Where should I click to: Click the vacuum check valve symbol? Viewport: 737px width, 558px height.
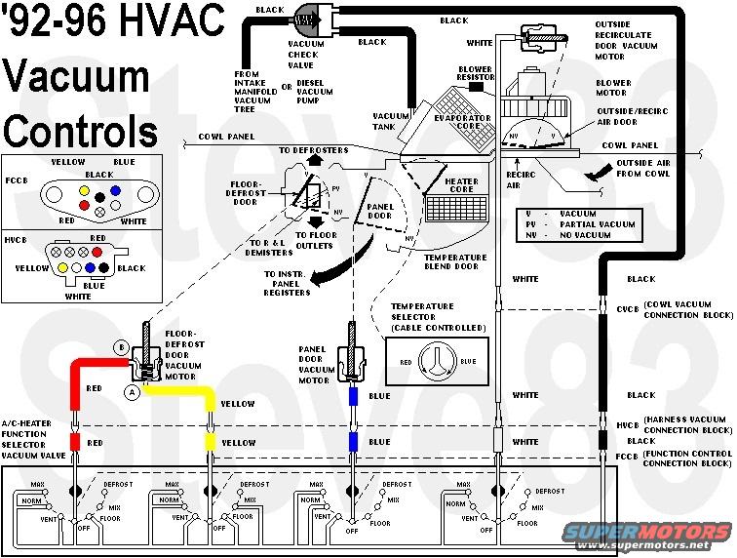[310, 18]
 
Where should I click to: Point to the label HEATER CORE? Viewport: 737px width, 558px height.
[461, 184]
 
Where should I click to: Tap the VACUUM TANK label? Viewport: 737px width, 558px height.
[389, 121]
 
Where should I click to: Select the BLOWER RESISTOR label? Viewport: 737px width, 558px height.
[475, 74]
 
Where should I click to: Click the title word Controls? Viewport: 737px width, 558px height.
[81, 130]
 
